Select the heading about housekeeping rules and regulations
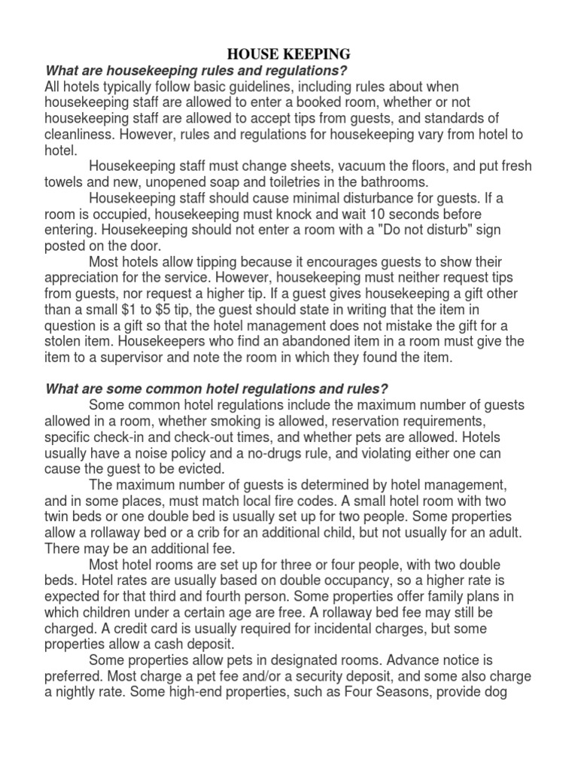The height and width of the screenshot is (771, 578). tap(196, 71)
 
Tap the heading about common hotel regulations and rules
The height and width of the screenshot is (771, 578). tap(218, 389)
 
